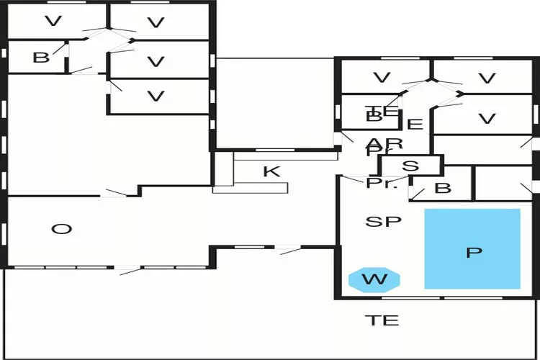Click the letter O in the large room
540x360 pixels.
point(63,229)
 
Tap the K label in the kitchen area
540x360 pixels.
point(271,171)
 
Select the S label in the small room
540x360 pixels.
point(410,166)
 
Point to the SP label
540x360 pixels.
point(382,221)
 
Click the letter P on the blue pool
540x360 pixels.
point(473,253)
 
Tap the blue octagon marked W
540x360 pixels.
point(374,279)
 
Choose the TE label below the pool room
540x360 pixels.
point(382,320)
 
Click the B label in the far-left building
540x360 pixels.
point(41,58)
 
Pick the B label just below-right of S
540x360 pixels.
point(443,189)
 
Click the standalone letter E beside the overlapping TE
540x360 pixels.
point(415,124)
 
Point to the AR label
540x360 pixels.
point(384,143)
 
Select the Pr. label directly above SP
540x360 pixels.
point(382,183)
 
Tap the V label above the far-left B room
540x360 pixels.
point(53,22)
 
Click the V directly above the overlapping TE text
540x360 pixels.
point(382,77)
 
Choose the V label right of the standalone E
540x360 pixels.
point(487,119)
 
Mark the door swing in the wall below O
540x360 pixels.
point(127,270)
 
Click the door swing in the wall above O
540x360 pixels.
point(115,192)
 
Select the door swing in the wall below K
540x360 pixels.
point(288,250)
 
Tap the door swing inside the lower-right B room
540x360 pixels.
point(416,193)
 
